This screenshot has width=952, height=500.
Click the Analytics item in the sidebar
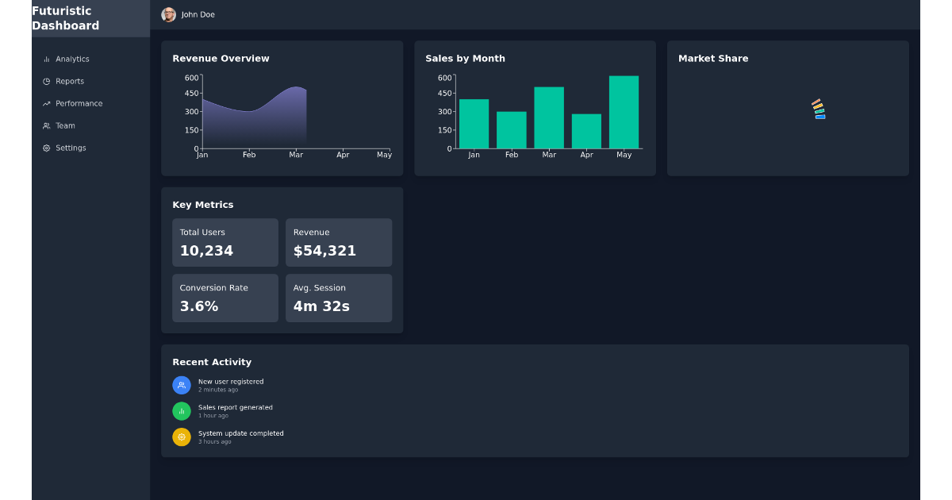click(x=71, y=60)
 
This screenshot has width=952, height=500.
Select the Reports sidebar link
click(x=69, y=82)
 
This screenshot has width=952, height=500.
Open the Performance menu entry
click(x=79, y=104)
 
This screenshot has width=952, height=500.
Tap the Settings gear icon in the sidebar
click(x=47, y=148)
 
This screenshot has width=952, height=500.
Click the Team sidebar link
click(x=65, y=126)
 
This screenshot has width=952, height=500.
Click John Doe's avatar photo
click(x=168, y=15)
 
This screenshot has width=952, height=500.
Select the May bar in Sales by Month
click(x=624, y=113)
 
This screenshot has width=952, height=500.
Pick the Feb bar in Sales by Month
click(x=512, y=130)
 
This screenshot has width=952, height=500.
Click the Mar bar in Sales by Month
click(x=549, y=118)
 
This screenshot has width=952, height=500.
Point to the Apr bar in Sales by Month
click(x=586, y=132)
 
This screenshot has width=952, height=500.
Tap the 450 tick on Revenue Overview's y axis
click(x=191, y=94)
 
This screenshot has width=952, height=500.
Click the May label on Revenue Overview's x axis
click(x=384, y=156)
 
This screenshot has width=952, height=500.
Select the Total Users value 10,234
click(x=206, y=252)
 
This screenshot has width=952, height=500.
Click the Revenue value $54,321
click(x=324, y=252)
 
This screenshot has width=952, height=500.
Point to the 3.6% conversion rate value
click(x=199, y=307)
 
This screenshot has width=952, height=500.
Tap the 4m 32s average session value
click(x=321, y=307)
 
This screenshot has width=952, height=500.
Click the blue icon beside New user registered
click(x=182, y=385)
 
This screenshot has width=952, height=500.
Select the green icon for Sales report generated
click(x=182, y=411)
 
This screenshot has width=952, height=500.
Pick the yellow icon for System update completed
click(x=182, y=437)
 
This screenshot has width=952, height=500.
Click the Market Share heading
click(x=712, y=59)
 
